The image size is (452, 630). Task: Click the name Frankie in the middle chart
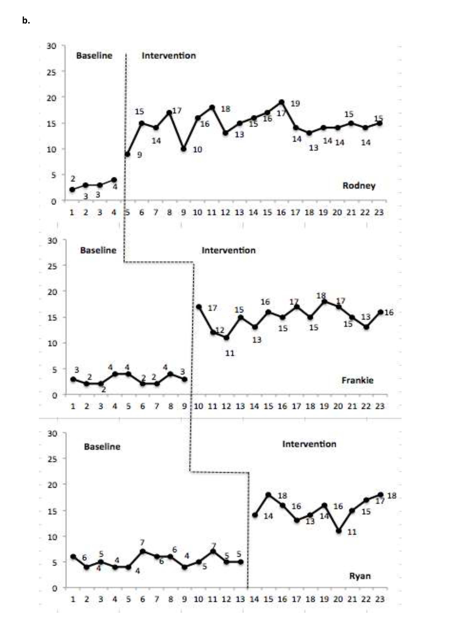tap(357, 380)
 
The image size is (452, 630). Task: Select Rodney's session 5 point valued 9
tap(127, 154)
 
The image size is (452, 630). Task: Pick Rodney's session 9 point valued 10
tap(183, 149)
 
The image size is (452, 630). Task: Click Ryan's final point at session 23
tap(380, 495)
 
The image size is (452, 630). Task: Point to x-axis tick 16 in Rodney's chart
tap(281, 213)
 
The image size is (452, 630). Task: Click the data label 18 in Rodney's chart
tap(226, 109)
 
